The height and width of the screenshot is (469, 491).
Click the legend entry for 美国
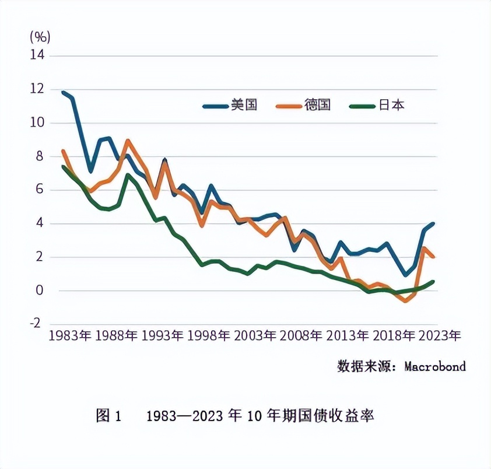coord(230,106)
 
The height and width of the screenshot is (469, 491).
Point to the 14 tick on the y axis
coord(37,55)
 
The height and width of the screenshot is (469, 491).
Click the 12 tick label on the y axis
coord(37,89)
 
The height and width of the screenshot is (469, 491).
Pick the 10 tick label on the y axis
coord(37,123)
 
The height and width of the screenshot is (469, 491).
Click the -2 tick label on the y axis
coord(37,324)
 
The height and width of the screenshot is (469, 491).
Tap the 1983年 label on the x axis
coord(70,337)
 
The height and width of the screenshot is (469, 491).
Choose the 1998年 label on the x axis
coord(208,337)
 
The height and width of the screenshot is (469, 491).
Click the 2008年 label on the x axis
coord(301,337)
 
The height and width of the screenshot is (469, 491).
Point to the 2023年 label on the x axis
coord(440,337)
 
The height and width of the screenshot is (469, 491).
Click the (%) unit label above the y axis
coord(40,37)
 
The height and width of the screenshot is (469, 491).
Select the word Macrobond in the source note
coord(435,367)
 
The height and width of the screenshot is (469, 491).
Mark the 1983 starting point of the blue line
coord(63,92)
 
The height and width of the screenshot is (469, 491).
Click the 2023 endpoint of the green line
coord(433,282)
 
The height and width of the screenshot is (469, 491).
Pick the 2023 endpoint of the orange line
coord(433,257)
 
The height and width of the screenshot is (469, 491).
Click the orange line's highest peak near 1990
coord(128,141)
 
